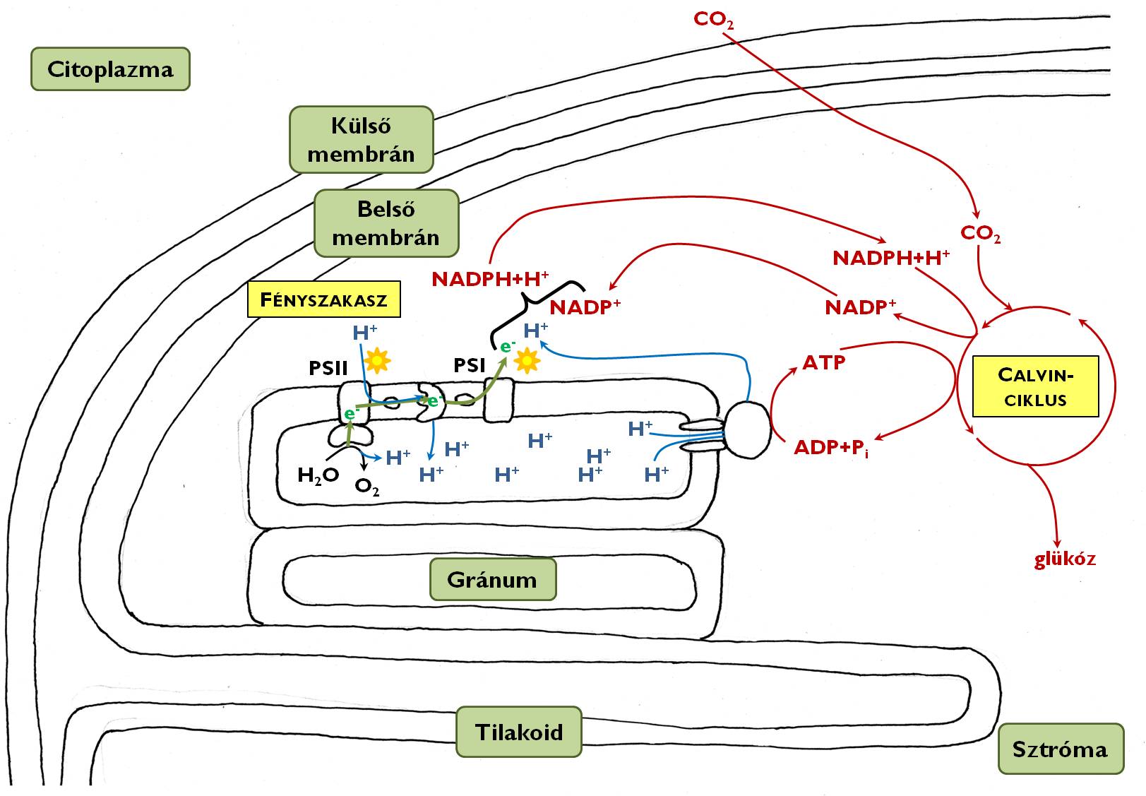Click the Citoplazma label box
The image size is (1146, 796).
110,69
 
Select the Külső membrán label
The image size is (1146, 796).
361,140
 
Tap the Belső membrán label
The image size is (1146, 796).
386,223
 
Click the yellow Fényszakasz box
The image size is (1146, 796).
324,299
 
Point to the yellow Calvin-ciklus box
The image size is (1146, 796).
1035,386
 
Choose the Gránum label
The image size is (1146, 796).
492,580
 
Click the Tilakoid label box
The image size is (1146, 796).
519,731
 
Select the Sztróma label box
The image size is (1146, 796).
1060,749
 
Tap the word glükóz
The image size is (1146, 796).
1065,559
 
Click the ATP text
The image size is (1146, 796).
824,363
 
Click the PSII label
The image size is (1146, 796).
328,368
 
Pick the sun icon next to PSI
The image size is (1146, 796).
526,361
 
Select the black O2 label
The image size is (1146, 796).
367,487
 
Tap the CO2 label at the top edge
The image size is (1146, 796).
714,19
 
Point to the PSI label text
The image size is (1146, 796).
470,365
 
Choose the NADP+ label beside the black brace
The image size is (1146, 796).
585,308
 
